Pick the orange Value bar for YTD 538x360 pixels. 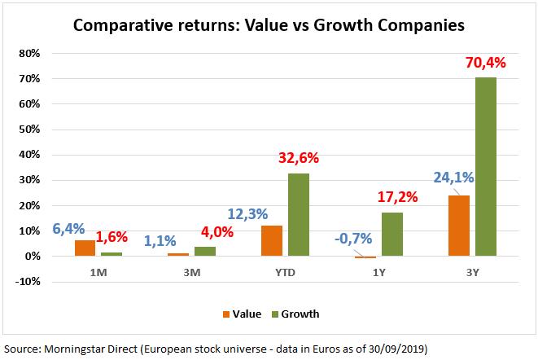(x=272, y=240)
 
